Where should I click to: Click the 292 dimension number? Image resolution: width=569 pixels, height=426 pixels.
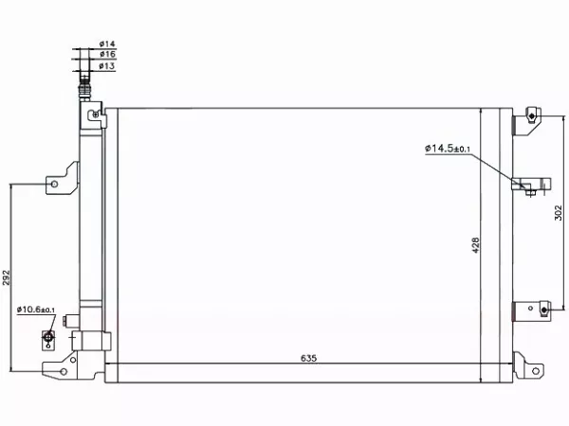click(x=7, y=276)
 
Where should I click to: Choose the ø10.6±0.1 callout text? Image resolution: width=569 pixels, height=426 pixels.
click(x=37, y=309)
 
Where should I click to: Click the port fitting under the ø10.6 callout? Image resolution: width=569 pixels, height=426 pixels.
click(x=49, y=337)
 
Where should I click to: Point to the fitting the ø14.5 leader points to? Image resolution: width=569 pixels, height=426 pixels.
click(x=527, y=186)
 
